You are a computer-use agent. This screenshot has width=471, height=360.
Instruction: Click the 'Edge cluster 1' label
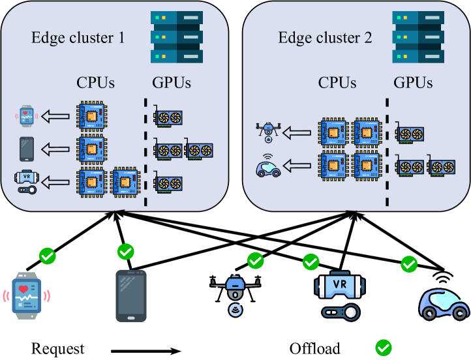pyautogui.click(x=78, y=37)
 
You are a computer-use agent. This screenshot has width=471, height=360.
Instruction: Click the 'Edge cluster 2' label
pyautogui.click(x=325, y=37)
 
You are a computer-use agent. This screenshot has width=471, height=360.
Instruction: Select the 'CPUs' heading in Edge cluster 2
pyautogui.click(x=337, y=83)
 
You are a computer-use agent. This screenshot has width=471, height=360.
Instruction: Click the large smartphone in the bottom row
pyautogui.click(x=130, y=295)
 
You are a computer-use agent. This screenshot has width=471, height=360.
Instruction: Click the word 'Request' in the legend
pyautogui.click(x=57, y=348)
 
